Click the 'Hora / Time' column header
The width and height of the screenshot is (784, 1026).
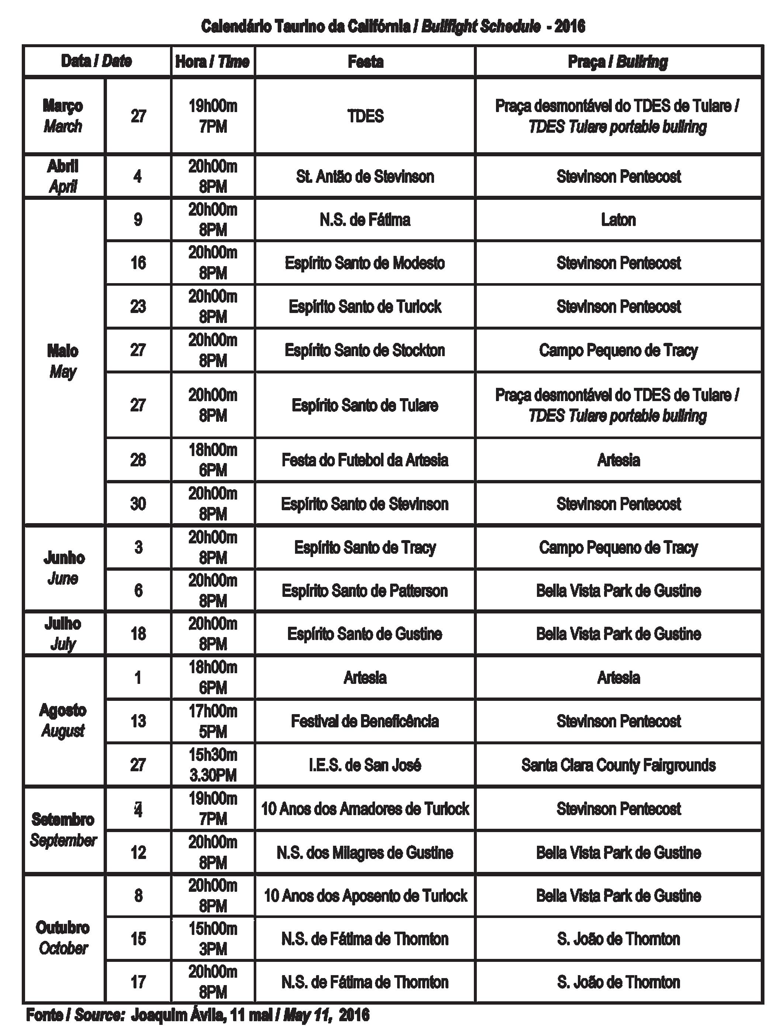(x=212, y=62)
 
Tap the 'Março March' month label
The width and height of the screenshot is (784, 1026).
(x=63, y=116)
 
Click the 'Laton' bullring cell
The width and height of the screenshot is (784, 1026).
(x=618, y=220)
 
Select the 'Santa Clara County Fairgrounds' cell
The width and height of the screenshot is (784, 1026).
(x=618, y=765)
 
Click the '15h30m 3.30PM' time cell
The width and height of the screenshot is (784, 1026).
(x=213, y=765)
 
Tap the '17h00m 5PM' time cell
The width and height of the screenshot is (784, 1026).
(x=213, y=722)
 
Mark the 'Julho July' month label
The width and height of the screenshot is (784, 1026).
(x=63, y=634)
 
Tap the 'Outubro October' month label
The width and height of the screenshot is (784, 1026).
(x=63, y=938)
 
